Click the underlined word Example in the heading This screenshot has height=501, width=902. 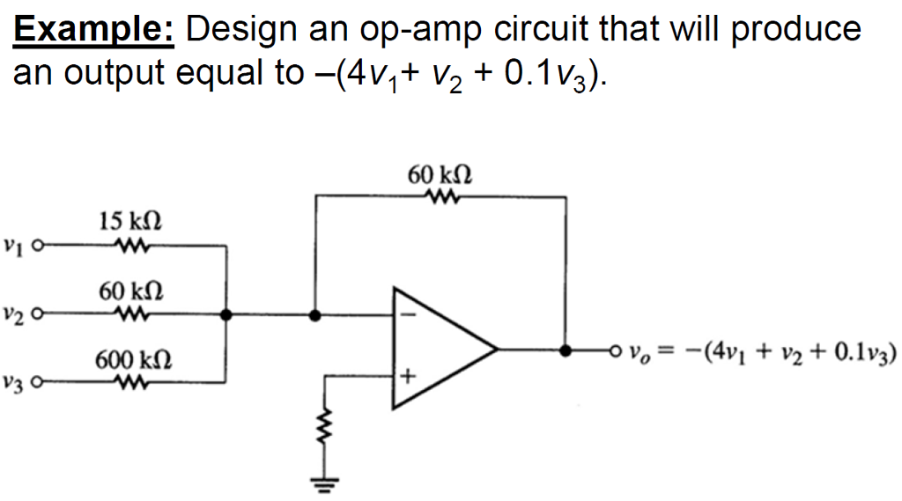pos(93,30)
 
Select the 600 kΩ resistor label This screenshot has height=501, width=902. pos(129,359)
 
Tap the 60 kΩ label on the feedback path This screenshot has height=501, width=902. pos(439,173)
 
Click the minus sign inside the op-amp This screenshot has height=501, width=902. pos(406,313)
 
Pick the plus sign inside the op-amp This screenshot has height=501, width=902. pos(406,378)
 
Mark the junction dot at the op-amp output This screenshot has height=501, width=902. pos(564,350)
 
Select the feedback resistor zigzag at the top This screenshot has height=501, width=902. pos(439,196)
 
